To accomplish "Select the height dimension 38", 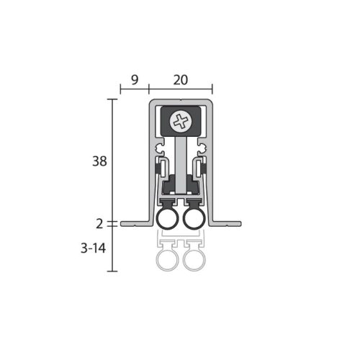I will coord(100,161).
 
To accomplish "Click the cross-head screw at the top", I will coord(181,121).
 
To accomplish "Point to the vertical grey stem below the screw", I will coord(180,158).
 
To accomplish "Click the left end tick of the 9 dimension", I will coord(120,91).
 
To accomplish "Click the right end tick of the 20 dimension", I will coord(213,91).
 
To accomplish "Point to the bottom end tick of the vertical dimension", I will coord(113,271).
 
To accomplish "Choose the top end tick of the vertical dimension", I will coord(113,99).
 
